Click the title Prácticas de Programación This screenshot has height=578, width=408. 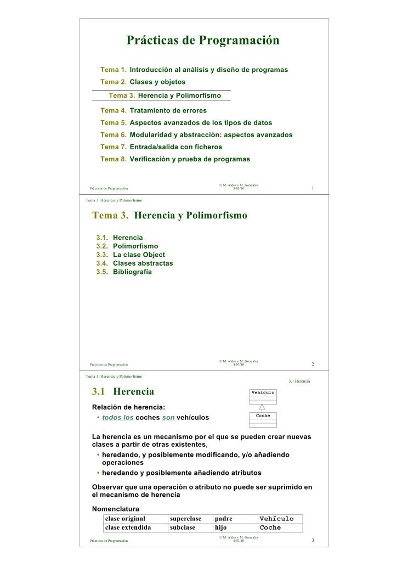[203, 40]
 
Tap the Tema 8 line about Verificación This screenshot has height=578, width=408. [175, 159]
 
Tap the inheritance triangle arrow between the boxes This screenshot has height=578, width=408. [263, 407]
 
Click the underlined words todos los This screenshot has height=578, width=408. [118, 418]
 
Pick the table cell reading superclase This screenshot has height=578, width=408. [185, 519]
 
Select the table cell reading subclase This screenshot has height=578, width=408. [183, 528]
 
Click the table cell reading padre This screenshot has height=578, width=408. [224, 519]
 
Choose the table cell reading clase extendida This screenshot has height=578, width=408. [128, 528]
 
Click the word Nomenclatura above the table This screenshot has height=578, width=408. [115, 509]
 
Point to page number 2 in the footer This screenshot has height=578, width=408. [313, 364]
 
